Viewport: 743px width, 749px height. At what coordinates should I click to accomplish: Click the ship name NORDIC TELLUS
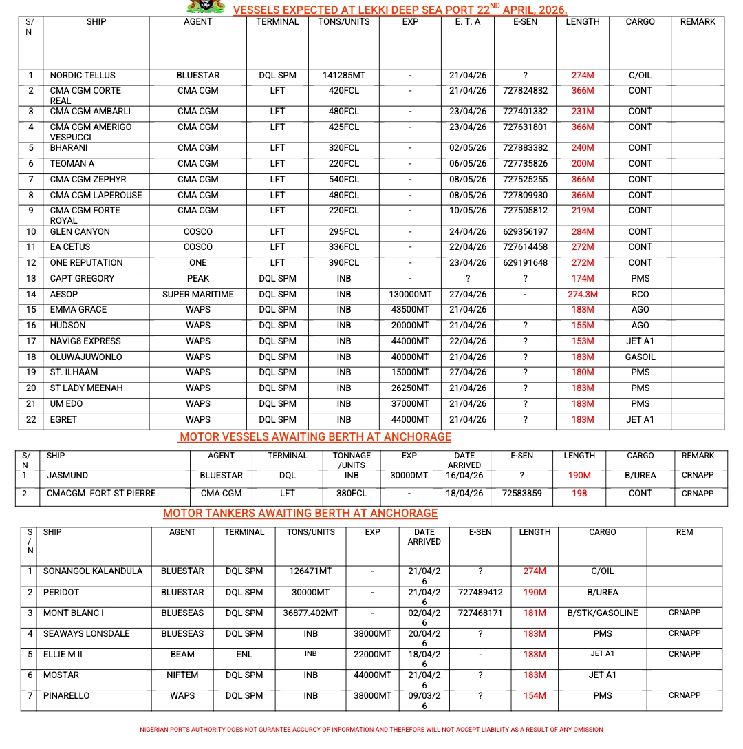83,75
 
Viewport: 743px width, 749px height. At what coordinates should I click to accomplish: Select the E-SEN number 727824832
525,90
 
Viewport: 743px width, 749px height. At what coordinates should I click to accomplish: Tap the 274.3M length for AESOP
582,294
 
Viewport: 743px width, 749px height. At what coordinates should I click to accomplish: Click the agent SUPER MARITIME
198,294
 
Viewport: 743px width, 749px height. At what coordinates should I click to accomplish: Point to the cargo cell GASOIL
640,357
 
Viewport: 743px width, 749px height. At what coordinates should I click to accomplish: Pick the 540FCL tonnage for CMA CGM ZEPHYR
344,179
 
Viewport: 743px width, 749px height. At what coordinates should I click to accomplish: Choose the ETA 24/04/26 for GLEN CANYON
471,231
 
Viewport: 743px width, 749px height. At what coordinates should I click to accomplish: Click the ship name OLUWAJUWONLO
86,357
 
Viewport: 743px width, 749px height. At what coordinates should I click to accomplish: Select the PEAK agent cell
198,278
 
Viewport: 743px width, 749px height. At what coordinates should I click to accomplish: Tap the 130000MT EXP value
410,294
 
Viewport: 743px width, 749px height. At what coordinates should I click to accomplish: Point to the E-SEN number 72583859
522,493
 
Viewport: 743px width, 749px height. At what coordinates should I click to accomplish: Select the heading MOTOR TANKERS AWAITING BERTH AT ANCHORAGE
300,513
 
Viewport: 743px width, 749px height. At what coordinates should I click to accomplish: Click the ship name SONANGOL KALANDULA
93,571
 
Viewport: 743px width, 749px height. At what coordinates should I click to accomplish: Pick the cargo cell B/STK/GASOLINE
603,613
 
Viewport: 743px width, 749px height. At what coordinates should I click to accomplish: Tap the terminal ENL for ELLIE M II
244,654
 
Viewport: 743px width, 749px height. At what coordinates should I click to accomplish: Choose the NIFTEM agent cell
182,675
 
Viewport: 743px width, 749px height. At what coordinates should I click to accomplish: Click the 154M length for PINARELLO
535,695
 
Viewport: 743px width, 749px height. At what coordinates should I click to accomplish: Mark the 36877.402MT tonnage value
310,613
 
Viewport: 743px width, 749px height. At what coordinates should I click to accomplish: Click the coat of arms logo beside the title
206,7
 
